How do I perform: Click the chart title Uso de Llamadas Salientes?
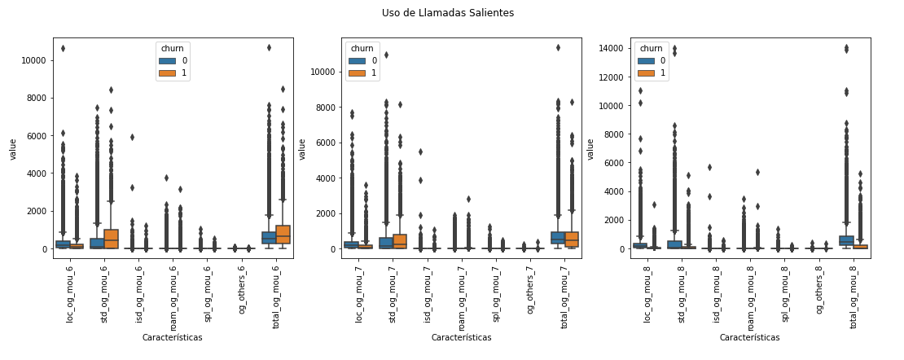448,13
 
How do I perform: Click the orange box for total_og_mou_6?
283,235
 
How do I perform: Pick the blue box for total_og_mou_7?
558,238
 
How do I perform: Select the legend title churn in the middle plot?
362,48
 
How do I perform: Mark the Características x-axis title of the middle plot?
461,337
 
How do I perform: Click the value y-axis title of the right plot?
590,149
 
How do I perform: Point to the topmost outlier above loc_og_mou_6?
63,48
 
